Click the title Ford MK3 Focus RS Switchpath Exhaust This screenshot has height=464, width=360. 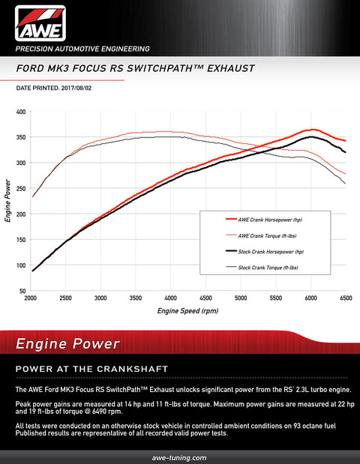click(x=135, y=68)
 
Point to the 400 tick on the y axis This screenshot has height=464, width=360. click(x=21, y=112)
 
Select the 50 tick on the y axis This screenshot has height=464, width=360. click(x=22, y=291)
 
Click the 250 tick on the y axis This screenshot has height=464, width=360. click(x=21, y=189)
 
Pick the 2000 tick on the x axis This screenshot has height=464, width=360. click(x=31, y=298)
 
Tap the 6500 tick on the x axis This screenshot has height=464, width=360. click(x=346, y=298)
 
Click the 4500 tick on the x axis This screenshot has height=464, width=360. click(x=205, y=298)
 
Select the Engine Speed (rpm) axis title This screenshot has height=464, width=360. click(x=187, y=310)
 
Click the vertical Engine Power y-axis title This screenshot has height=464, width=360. click(x=7, y=201)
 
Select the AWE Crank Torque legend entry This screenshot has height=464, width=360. click(x=267, y=235)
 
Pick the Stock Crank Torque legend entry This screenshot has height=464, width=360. click(x=267, y=268)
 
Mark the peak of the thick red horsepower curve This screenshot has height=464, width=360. click(x=313, y=130)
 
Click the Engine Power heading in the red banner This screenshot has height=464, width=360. click(x=68, y=344)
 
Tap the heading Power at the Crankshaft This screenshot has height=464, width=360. click(x=91, y=370)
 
